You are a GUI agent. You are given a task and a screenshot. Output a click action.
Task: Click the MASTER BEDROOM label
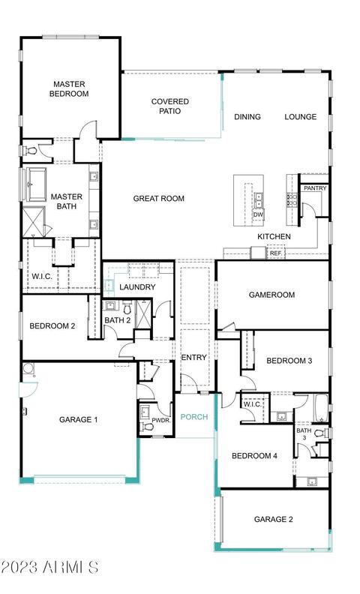coord(69,88)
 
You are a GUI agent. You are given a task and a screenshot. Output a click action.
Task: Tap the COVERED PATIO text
coord(169,106)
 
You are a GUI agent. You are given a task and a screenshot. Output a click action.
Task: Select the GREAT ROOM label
coord(159,198)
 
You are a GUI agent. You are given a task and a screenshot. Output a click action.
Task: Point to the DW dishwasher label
coord(258,214)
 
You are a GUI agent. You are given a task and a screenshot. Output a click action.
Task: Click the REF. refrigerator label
coord(276,253)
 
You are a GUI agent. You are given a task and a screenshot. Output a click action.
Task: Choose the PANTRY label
coord(315,188)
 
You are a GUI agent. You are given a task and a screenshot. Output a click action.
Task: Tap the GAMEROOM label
coord(271,294)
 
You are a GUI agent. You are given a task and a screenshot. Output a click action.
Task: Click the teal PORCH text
coord(194,417)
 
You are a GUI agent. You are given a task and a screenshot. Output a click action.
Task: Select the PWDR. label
coord(161,420)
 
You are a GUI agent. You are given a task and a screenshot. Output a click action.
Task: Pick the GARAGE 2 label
coord(273,519)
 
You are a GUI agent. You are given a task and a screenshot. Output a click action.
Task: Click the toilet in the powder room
coord(147,427)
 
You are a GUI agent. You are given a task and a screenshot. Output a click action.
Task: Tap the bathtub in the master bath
coord(37,184)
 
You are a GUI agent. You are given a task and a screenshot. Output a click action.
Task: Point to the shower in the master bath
coord(34,222)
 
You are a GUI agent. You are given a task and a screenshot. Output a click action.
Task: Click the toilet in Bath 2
coord(127,307)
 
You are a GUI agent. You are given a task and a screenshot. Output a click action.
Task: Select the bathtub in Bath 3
coord(321,408)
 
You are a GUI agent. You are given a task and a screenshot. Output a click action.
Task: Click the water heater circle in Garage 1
coord(28,368)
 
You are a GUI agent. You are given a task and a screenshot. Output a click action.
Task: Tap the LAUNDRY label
coord(137,286)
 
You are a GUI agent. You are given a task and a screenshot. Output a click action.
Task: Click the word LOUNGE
coord(301,117)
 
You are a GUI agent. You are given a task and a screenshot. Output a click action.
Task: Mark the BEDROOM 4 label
coord(254,456)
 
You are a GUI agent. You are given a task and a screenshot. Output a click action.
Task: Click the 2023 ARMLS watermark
coord(49,567)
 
